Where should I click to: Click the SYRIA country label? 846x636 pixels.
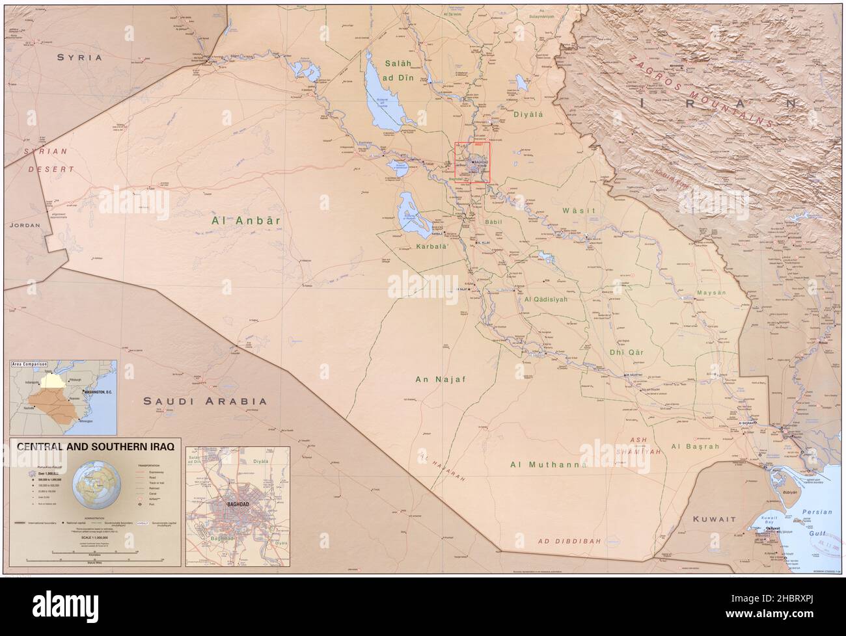pyautogui.click(x=79, y=57)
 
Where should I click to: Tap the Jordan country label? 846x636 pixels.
pyautogui.click(x=25, y=225)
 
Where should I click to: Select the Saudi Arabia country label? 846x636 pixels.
pyautogui.click(x=205, y=401)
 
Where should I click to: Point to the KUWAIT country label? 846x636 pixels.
pyautogui.click(x=714, y=520)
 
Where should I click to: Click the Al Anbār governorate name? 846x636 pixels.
pyautogui.click(x=246, y=220)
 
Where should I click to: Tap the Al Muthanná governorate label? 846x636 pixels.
pyautogui.click(x=549, y=464)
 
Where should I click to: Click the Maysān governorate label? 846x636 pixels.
pyautogui.click(x=711, y=293)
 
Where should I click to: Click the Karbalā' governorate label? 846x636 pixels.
pyautogui.click(x=433, y=247)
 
